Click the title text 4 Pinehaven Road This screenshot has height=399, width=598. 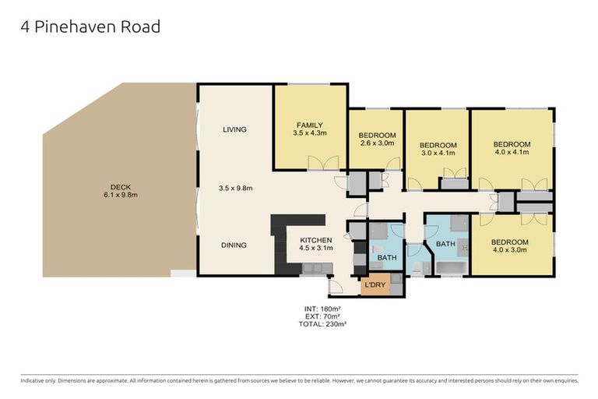(90, 27)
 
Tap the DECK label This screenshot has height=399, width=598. (120, 186)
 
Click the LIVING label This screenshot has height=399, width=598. (234, 129)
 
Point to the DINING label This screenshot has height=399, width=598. (234, 245)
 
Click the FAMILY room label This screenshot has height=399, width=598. (308, 125)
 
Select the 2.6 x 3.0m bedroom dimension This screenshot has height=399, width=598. (378, 143)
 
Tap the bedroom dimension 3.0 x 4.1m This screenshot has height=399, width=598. (437, 153)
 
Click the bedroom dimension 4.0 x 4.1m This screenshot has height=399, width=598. (512, 152)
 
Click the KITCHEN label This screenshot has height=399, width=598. (316, 240)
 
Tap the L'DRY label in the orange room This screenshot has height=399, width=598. (375, 286)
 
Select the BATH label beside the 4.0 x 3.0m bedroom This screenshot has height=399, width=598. (445, 244)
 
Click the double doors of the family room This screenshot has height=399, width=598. (324, 162)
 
